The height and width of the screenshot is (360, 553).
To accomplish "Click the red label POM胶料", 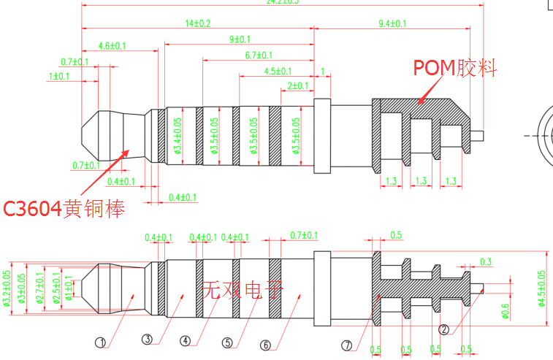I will click(x=455, y=69).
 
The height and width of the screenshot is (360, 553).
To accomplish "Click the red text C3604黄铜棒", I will click(x=64, y=209).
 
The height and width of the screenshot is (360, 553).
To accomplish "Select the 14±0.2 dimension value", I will click(x=197, y=23).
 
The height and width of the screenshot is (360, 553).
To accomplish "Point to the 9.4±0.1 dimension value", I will click(x=392, y=23).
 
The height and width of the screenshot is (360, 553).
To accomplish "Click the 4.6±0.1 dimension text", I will click(x=112, y=45).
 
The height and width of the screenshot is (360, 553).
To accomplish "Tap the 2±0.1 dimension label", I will click(x=297, y=85).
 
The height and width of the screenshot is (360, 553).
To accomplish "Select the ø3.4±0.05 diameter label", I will click(x=177, y=137).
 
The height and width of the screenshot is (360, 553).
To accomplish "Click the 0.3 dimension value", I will click(x=486, y=261).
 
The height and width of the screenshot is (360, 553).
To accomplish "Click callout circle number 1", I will click(x=101, y=340).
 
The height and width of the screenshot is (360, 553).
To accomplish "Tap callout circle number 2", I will click(x=443, y=329).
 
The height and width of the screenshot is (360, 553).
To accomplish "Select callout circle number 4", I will click(x=186, y=340).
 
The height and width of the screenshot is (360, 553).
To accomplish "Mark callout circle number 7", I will click(x=347, y=345).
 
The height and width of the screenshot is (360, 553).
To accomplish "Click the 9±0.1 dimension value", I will click(x=240, y=39).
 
